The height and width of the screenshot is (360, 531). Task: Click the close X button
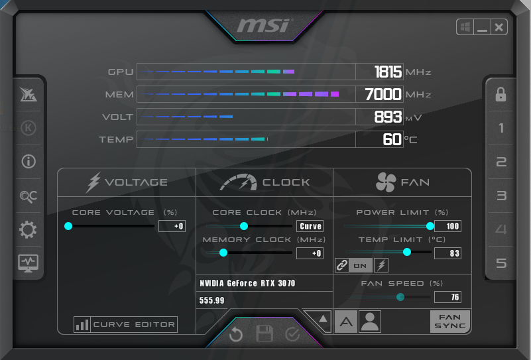[x=499, y=27]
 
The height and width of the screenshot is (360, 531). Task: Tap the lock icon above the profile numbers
[x=501, y=95]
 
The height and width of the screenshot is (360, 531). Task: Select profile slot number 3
[x=501, y=196]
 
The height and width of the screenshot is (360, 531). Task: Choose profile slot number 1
[x=501, y=128]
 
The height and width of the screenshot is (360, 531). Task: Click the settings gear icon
[x=28, y=230]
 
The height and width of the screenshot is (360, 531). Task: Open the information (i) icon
[x=28, y=161]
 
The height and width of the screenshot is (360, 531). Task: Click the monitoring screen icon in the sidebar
[x=28, y=263]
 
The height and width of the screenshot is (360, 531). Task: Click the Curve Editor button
[x=126, y=325]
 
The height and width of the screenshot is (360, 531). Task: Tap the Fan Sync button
[x=449, y=322]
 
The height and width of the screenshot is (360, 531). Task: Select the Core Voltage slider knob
[x=68, y=226]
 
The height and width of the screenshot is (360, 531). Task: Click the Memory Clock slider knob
[x=223, y=253]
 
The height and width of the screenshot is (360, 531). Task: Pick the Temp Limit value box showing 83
[x=447, y=253]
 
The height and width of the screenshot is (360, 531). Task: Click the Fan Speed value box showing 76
[x=447, y=297]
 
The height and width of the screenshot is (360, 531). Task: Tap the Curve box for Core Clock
[x=310, y=226]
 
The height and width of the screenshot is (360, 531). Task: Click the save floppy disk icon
[x=265, y=334]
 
